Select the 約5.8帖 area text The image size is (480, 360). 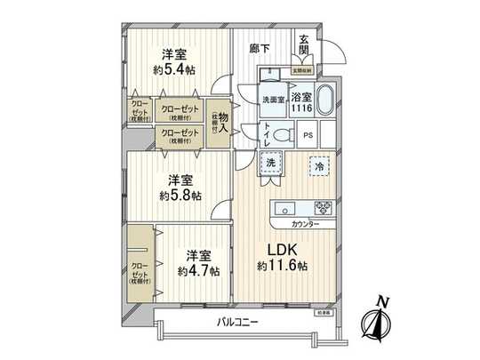(x=180, y=195)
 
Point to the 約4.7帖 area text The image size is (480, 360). (x=198, y=270)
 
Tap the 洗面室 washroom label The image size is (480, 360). (x=273, y=100)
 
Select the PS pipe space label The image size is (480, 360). (x=308, y=135)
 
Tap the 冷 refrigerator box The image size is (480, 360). (x=317, y=164)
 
